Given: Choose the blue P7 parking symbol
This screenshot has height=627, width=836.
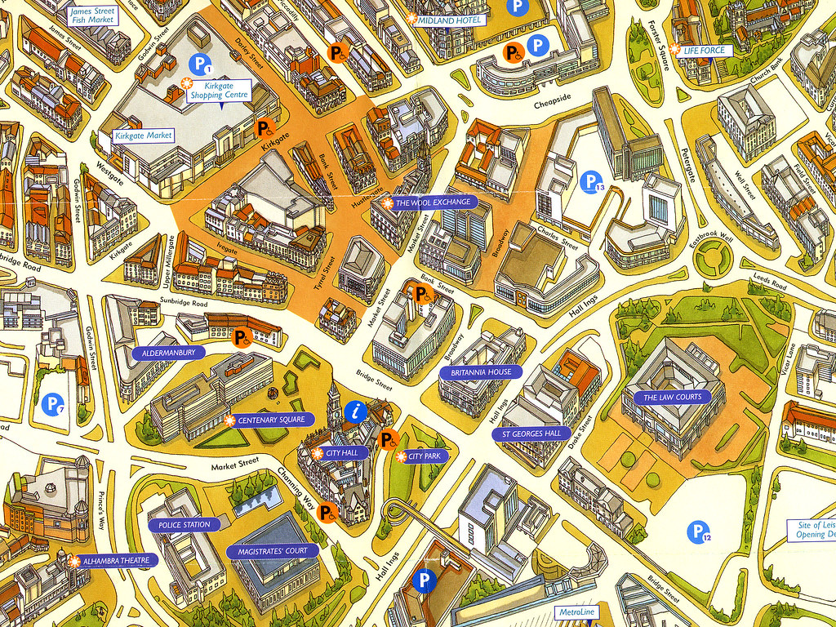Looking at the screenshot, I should click(53, 403).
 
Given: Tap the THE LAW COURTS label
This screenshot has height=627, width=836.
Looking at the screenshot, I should click(672, 398).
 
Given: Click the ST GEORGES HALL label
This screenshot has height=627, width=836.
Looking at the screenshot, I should click(531, 433).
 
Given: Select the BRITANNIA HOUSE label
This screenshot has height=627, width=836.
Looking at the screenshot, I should click(481, 372).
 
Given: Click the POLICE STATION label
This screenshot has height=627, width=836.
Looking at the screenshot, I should click(185, 524).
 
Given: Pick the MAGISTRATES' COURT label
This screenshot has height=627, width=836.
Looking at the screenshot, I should click(273, 550).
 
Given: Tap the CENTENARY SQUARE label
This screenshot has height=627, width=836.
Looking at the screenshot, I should click(271, 420).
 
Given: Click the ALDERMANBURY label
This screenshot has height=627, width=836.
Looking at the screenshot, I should click(169, 353).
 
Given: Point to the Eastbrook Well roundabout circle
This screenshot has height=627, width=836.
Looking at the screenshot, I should click(710, 260).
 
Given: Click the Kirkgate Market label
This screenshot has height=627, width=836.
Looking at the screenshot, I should click(143, 136).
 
